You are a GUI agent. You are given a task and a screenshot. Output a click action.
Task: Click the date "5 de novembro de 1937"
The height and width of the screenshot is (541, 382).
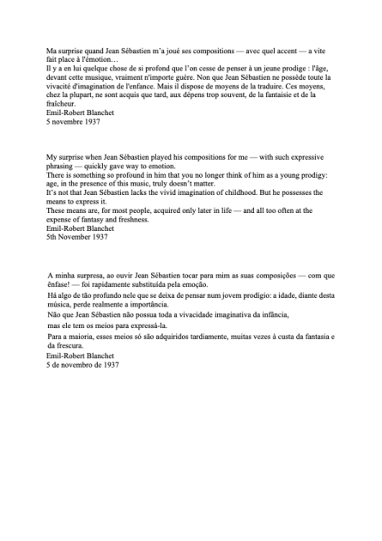(82, 364)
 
